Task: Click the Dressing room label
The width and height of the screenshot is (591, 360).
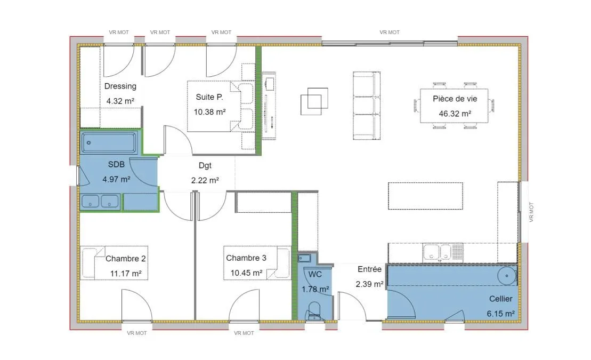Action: (120, 86)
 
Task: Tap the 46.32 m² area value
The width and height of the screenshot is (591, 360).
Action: (455, 114)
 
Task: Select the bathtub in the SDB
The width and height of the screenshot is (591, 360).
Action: (109, 142)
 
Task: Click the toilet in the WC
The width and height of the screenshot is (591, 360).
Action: (314, 311)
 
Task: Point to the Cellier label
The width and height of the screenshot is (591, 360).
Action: (500, 299)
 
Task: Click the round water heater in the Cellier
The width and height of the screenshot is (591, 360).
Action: (507, 276)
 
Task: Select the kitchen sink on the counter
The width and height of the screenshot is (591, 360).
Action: (438, 252)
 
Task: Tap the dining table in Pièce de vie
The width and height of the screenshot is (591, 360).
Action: (454, 106)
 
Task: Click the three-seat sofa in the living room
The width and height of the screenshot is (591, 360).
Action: (366, 106)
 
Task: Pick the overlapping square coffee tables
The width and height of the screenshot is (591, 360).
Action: (314, 101)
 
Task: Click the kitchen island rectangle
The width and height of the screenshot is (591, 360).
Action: (426, 196)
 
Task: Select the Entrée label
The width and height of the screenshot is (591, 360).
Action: (369, 269)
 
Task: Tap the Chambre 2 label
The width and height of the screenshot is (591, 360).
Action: (126, 259)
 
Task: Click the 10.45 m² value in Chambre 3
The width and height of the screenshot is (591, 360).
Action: (247, 273)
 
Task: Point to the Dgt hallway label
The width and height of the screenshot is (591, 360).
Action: (205, 166)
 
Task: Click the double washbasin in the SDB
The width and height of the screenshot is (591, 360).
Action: (100, 201)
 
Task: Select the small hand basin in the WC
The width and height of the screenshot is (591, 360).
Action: (304, 258)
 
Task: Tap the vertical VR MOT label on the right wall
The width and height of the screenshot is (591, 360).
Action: (531, 212)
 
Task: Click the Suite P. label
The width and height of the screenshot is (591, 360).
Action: (209, 97)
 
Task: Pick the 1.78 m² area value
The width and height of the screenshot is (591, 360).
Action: (315, 290)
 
